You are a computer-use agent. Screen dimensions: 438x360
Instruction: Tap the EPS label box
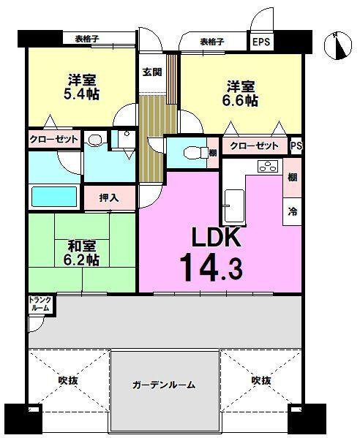tap(261, 42)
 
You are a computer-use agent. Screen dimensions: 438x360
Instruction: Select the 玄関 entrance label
tap(152, 72)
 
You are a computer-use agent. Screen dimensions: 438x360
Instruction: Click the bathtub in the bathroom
tap(53, 197)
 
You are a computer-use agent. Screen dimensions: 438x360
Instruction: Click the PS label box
tap(296, 146)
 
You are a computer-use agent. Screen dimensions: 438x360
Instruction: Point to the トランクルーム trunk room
tap(40, 304)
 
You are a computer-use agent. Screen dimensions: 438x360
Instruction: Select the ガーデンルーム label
tap(165, 385)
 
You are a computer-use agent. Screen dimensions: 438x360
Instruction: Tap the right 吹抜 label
tap(261, 380)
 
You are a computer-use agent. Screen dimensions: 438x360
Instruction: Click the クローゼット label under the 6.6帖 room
tap(253, 146)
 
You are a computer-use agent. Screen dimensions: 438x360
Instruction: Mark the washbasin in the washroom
tap(94, 139)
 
